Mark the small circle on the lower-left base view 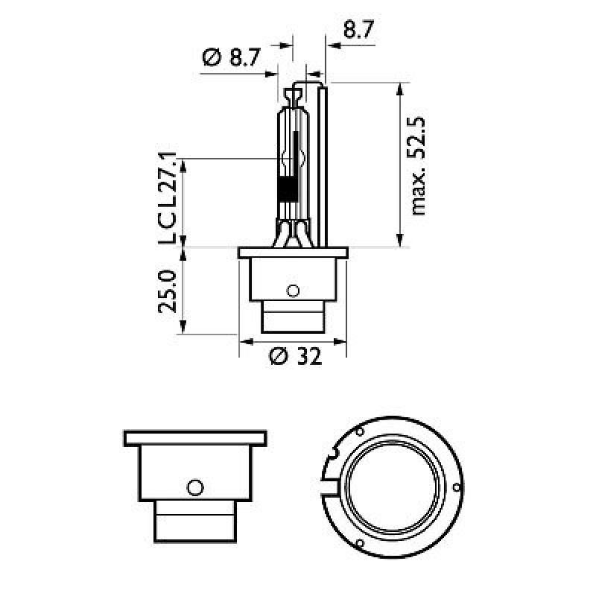pos(194,487)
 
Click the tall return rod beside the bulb pos(323,164)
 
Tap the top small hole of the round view pos(359,432)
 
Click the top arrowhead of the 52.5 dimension pos(400,87)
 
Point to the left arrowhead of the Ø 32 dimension pos(244,342)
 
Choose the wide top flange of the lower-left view pos(194,438)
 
